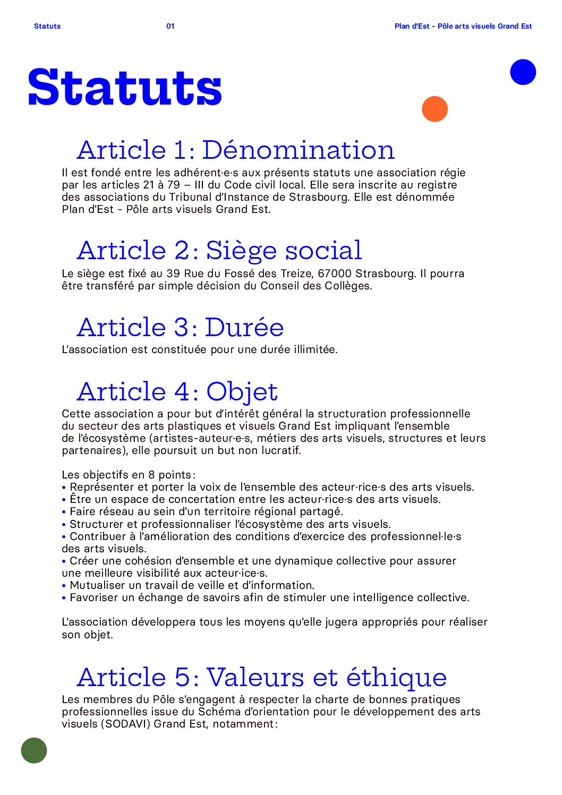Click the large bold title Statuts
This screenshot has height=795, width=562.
[x=125, y=88]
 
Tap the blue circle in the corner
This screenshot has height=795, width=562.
[x=523, y=72]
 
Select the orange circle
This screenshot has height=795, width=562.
[x=435, y=109]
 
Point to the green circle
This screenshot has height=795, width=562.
[x=34, y=750]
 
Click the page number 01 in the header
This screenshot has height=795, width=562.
[x=170, y=26]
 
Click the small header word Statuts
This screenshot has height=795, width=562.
[x=47, y=26]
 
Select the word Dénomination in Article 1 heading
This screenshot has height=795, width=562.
[x=298, y=150]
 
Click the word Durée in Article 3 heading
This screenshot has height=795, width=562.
[x=244, y=327]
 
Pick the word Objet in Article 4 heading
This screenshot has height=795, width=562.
[x=242, y=392]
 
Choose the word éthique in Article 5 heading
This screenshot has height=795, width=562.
[x=396, y=677]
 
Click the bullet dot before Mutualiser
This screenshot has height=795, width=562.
[x=64, y=586]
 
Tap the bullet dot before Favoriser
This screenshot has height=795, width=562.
[x=64, y=598]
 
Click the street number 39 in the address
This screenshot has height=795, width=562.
[x=173, y=274]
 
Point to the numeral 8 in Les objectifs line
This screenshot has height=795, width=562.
[x=151, y=475]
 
